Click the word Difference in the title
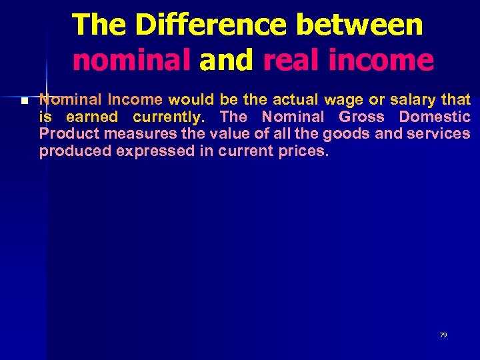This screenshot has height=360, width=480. pos(211,25)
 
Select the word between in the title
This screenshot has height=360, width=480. pos(360,25)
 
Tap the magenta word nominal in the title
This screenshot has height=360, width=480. pos(131,60)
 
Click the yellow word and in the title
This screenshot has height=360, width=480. pos(227,60)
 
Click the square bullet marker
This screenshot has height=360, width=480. pos(24,101)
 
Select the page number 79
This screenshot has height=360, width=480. pos(443,335)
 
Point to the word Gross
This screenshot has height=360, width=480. pos(361,117)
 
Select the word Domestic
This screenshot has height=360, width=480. pos(435,117)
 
